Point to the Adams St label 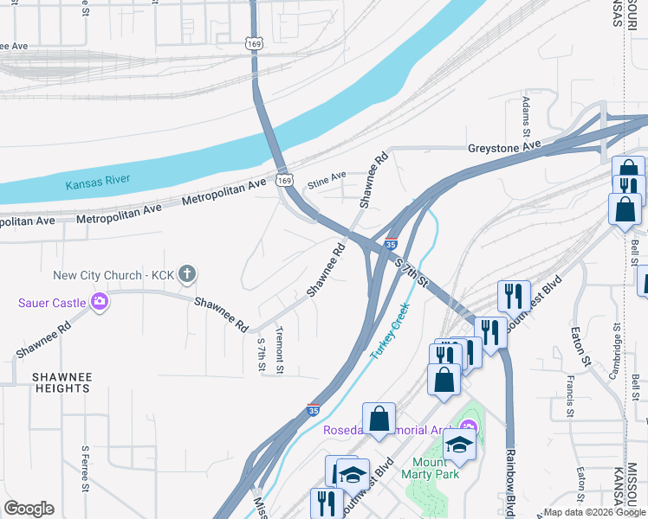pos(526,117)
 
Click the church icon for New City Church pos(188,275)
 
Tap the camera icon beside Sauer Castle pos(100,302)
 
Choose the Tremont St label pos(279,350)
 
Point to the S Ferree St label pos(85,467)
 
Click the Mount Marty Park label pos(424,466)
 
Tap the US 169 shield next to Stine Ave pos(284,179)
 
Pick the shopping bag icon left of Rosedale pos(379,420)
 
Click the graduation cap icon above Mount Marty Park pos(460,445)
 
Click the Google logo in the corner pos(29,509)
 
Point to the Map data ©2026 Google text pos(594,512)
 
